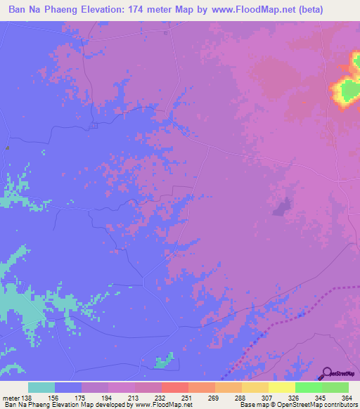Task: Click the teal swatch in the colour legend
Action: point(41,387)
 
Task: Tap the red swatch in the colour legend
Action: point(174,387)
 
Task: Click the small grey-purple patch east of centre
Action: point(281,207)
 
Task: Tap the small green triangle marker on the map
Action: point(7,148)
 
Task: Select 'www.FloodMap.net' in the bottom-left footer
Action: point(162,405)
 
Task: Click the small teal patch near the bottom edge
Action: point(164,361)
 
